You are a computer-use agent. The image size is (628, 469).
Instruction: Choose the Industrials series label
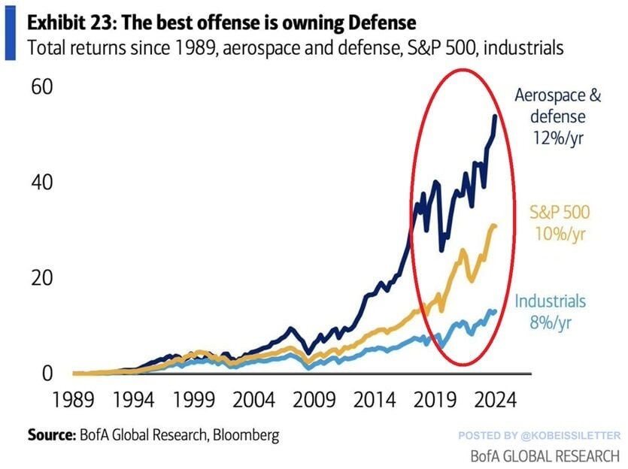551,301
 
